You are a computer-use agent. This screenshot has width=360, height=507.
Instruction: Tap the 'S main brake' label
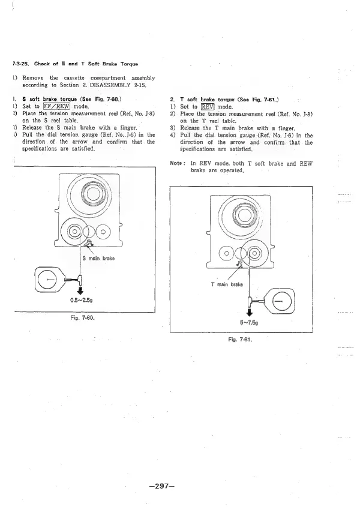pos(98,259)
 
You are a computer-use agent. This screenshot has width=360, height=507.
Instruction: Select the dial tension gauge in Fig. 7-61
pos(281,302)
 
